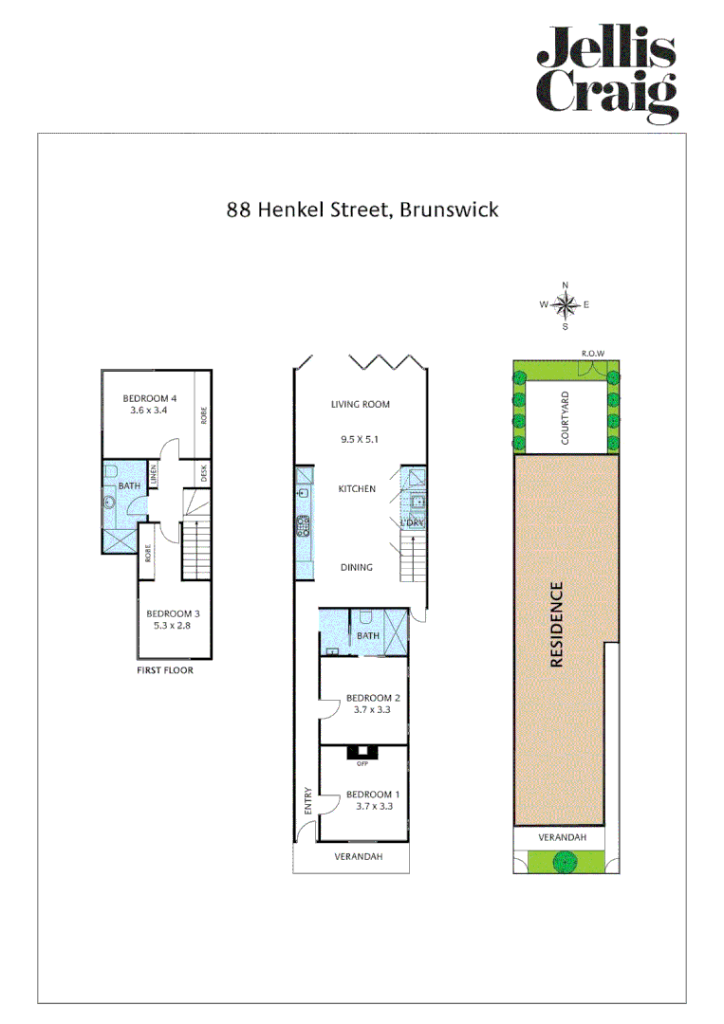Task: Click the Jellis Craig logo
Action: click(x=607, y=74)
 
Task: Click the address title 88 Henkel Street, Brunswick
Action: click(x=362, y=209)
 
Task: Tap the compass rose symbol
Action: click(x=566, y=304)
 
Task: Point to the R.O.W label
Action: click(x=593, y=354)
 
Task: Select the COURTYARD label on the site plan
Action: click(x=566, y=418)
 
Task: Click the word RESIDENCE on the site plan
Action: click(x=557, y=625)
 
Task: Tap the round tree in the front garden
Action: click(x=566, y=861)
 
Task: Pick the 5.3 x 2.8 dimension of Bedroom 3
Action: click(x=173, y=626)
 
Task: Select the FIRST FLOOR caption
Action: click(x=166, y=670)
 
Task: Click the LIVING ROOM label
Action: click(x=361, y=405)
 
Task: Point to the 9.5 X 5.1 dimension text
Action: click(x=361, y=439)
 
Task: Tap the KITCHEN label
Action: click(x=358, y=489)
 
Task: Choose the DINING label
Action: click(x=357, y=568)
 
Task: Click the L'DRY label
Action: click(x=412, y=523)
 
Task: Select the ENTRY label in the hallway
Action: click(x=307, y=802)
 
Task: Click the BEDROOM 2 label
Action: click(x=366, y=697)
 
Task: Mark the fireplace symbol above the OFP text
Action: click(x=362, y=753)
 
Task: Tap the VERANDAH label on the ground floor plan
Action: click(x=359, y=857)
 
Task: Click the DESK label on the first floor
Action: click(x=203, y=471)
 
